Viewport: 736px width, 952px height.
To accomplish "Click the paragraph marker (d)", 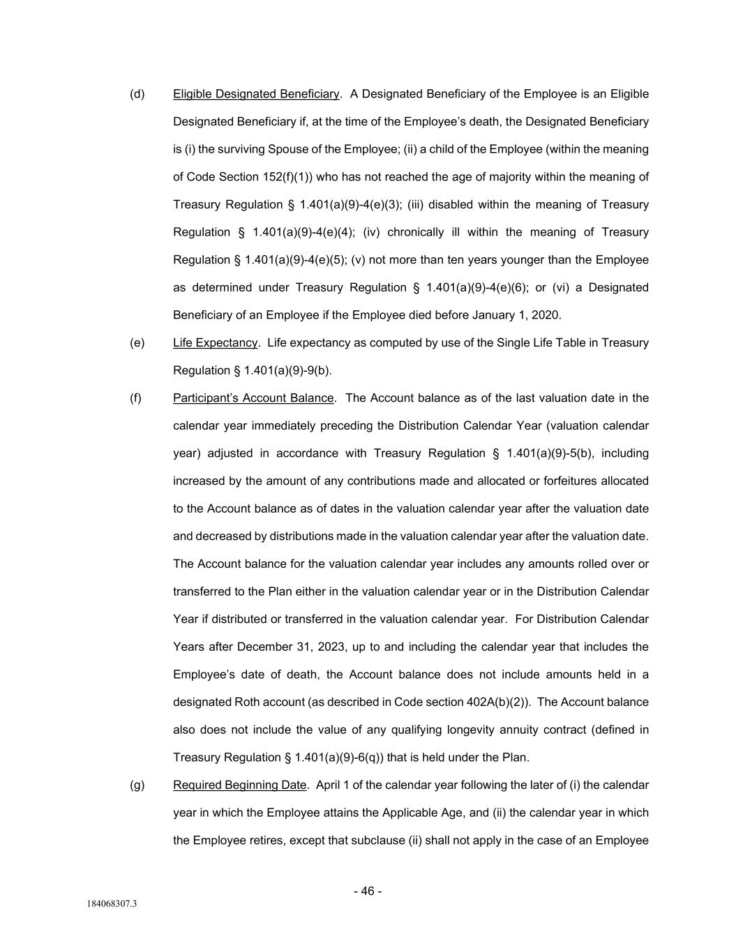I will (x=137, y=94).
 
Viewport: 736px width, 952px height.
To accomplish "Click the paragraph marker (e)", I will (x=137, y=343).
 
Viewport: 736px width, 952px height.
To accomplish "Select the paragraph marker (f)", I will (x=136, y=398).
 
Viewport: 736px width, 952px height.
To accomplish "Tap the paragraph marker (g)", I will (x=137, y=785).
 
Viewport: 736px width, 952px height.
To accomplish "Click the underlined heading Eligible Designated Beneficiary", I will (x=256, y=94).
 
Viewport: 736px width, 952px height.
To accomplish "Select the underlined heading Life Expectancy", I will (x=216, y=343).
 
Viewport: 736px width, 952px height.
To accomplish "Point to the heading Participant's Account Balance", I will (x=253, y=398).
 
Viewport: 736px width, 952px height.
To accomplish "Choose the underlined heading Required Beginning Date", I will (x=239, y=785).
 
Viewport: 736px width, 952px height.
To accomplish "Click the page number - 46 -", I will (x=368, y=891).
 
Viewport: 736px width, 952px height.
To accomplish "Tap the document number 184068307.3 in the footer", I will (x=112, y=905).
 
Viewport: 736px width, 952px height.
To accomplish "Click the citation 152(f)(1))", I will (x=292, y=177).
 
